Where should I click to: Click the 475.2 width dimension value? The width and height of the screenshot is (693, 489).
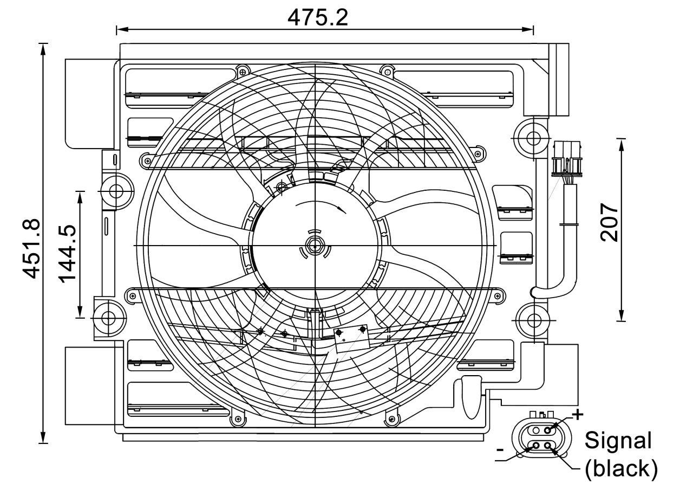point(318,17)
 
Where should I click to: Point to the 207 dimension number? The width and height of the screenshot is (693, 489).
point(610,222)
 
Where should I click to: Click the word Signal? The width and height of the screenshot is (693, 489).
point(618,440)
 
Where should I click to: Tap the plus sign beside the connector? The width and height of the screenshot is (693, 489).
point(578,415)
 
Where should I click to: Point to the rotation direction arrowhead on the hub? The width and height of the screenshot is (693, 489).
point(341,208)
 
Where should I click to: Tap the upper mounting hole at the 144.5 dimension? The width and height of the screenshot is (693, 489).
point(116,191)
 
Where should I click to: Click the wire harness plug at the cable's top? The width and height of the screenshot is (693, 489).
point(567,159)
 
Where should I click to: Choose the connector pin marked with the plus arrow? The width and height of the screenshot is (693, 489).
point(548,430)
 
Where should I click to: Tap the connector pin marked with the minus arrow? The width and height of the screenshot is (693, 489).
point(536,446)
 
